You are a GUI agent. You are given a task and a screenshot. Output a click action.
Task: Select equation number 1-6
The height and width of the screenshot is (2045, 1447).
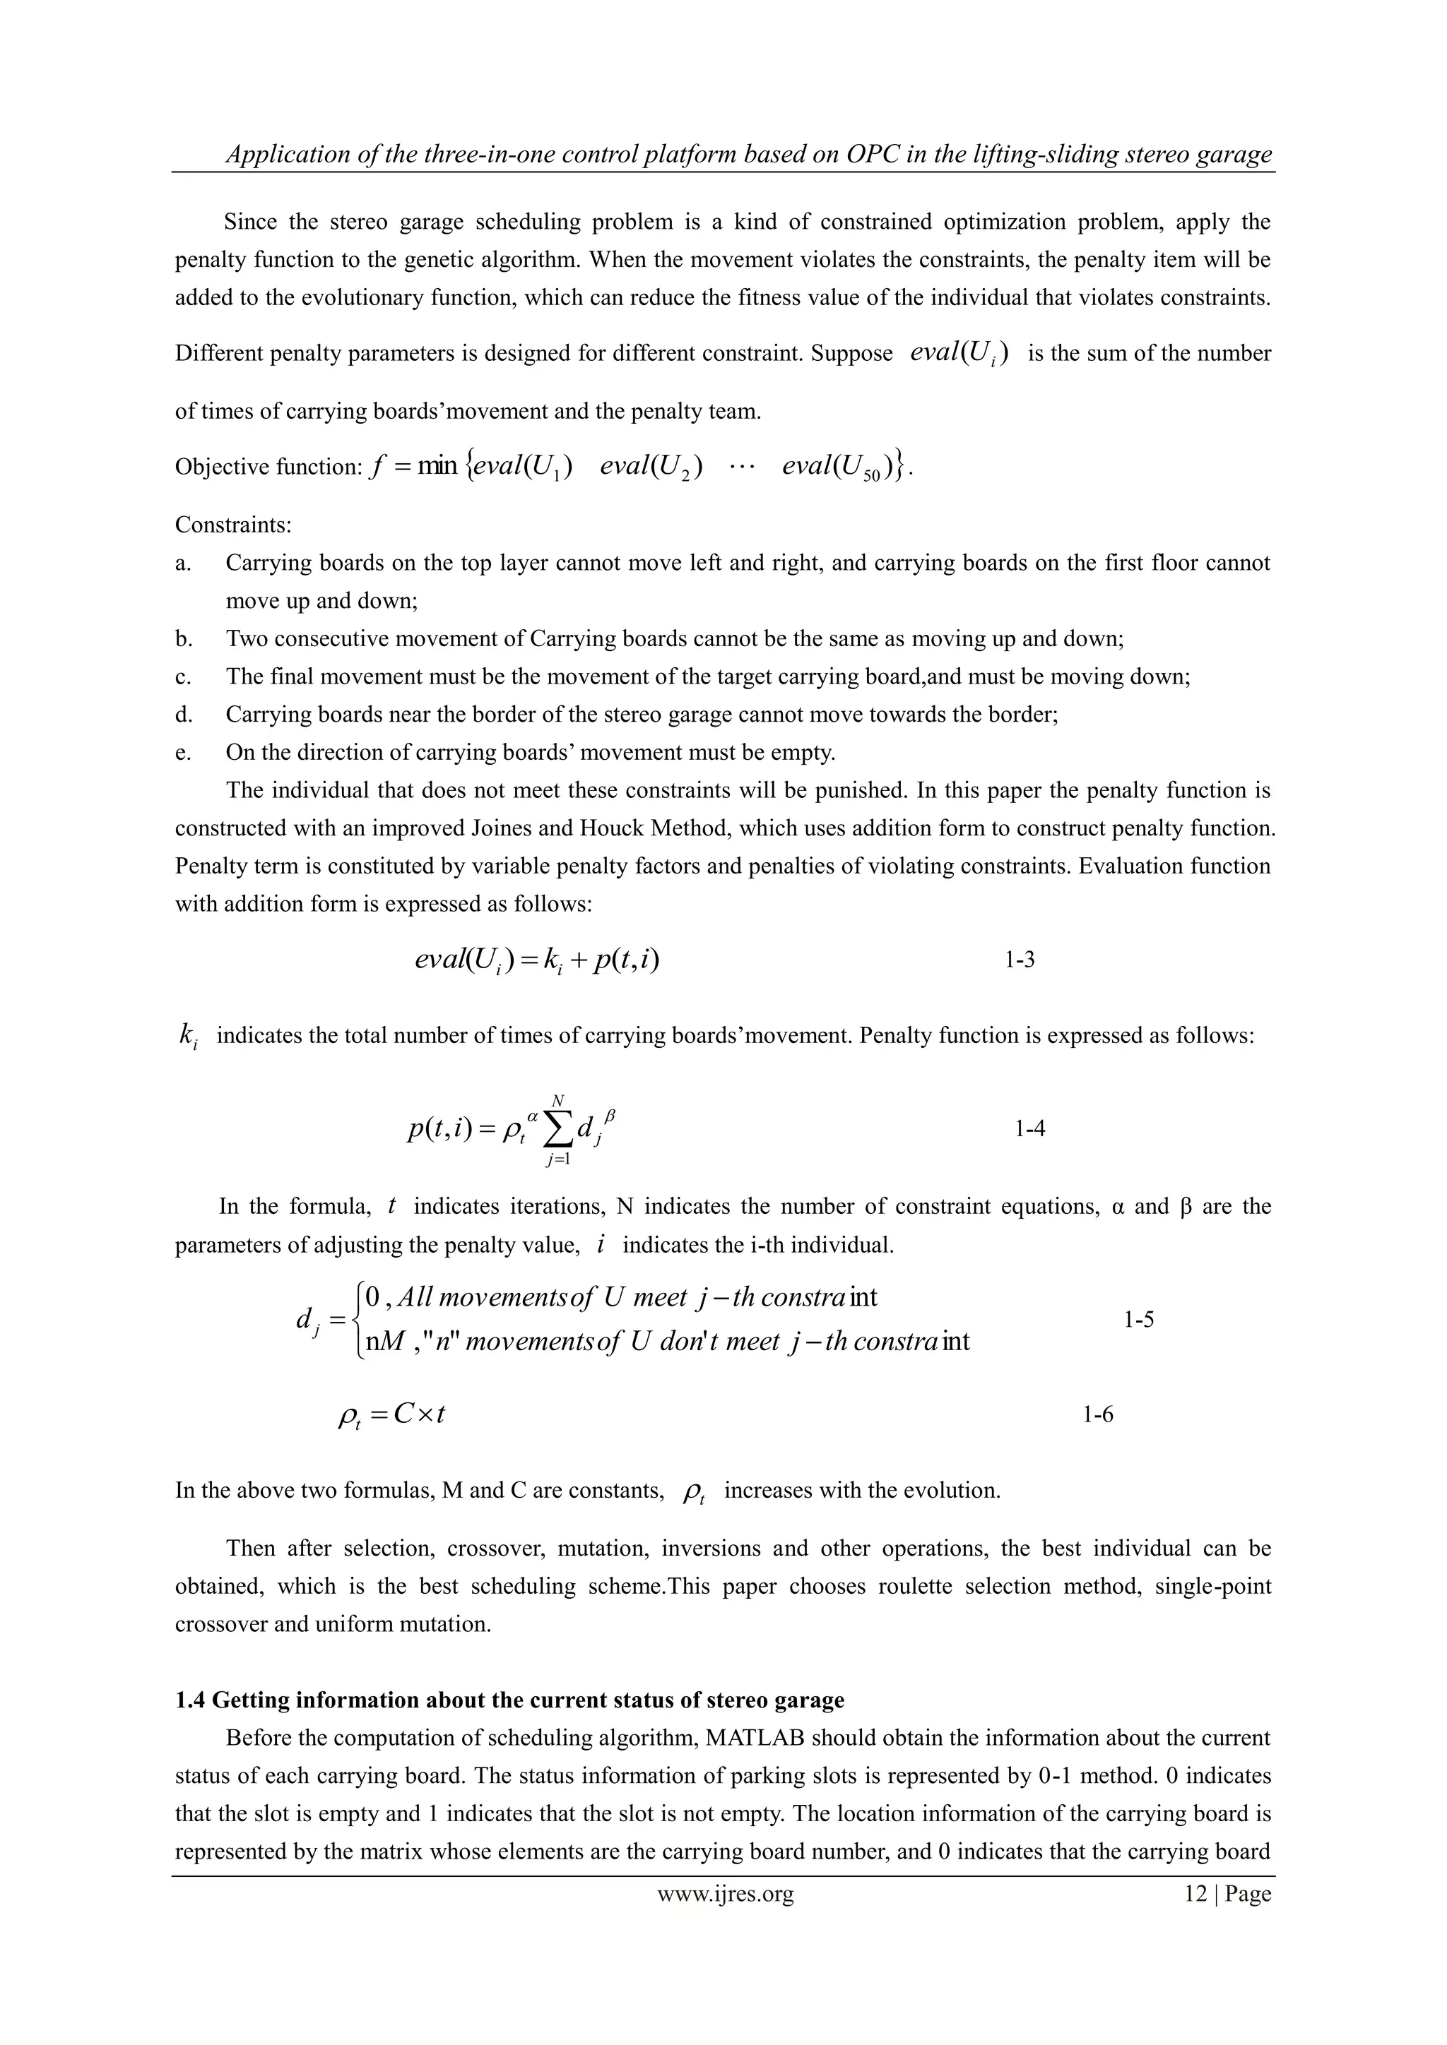click(1098, 1415)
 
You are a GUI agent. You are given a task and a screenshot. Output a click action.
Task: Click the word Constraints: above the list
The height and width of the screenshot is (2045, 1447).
click(233, 525)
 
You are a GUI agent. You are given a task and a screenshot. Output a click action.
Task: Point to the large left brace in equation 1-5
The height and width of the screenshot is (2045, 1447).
click(358, 1319)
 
